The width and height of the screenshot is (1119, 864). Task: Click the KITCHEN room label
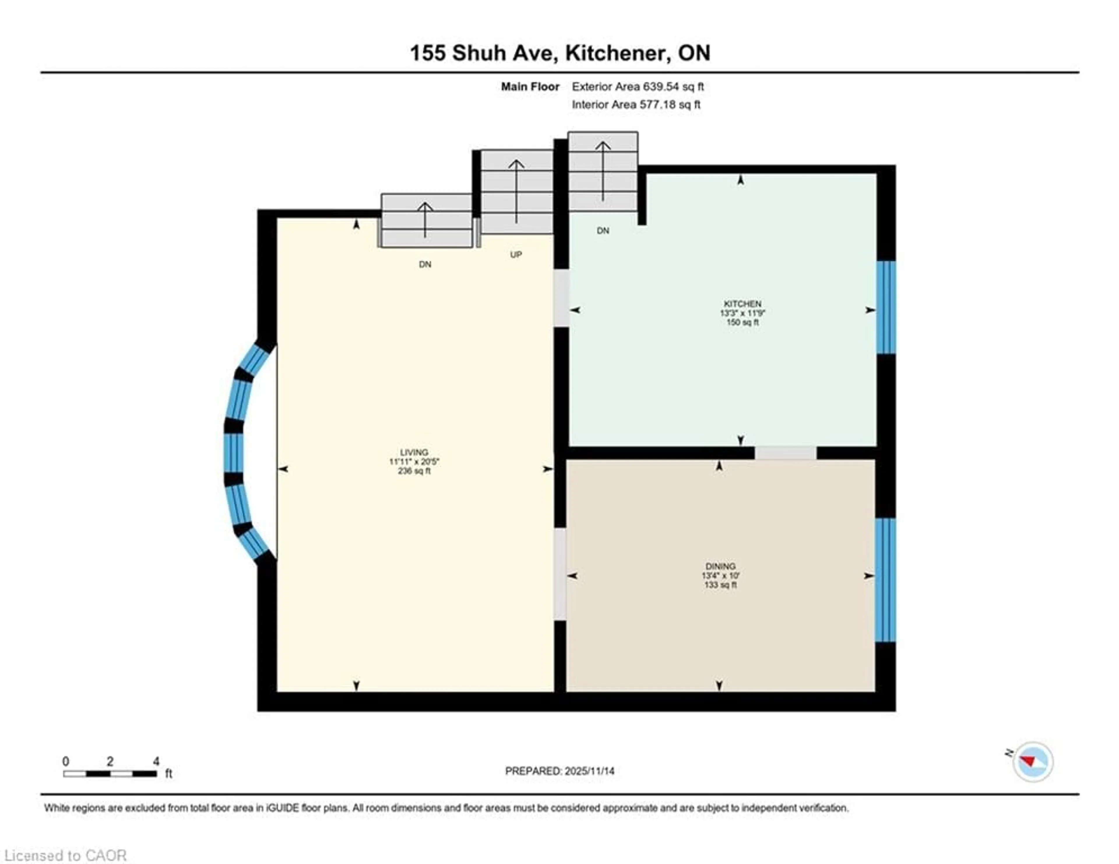point(742,303)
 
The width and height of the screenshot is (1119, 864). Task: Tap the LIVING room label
point(414,452)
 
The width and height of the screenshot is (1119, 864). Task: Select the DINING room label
point(720,566)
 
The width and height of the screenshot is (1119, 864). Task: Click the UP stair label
point(516,255)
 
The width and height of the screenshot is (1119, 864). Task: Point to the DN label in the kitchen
point(603,231)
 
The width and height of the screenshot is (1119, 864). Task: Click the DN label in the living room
point(425,264)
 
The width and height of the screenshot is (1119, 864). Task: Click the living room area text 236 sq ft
point(414,471)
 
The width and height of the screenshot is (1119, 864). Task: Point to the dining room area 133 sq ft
point(720,585)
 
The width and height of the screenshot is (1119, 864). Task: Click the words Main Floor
point(530,87)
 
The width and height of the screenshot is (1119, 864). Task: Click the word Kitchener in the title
point(617,53)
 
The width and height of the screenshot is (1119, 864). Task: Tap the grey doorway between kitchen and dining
point(785,453)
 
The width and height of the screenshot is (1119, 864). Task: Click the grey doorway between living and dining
point(561,574)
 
